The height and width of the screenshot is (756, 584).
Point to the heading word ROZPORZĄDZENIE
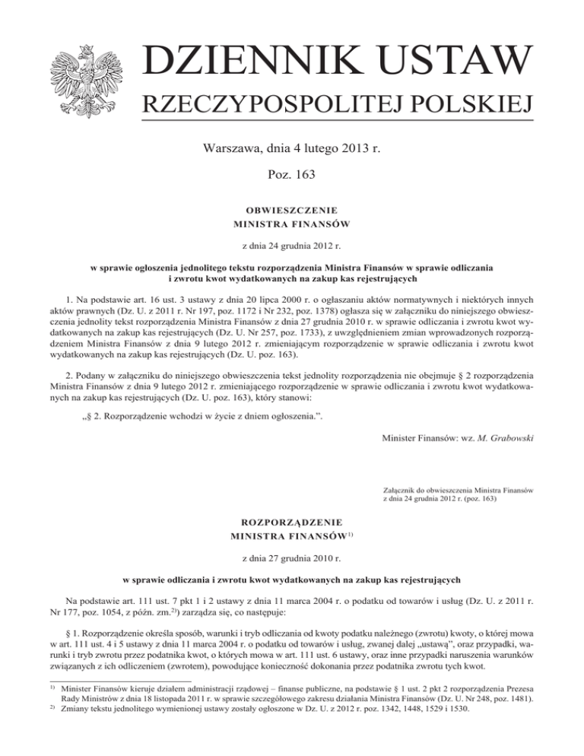click(292, 523)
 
